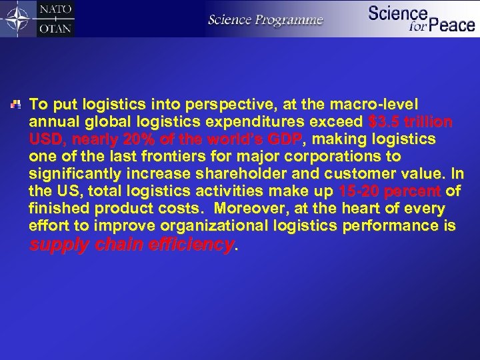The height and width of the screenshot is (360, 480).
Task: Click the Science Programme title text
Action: pyautogui.click(x=265, y=19)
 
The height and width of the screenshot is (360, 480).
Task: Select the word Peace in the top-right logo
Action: pyautogui.click(x=451, y=26)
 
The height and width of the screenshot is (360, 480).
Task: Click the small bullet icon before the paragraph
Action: pyautogui.click(x=18, y=105)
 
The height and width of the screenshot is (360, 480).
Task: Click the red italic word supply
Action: pyautogui.click(x=59, y=245)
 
